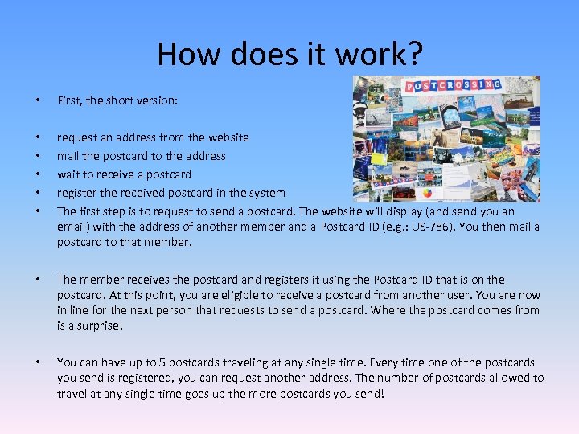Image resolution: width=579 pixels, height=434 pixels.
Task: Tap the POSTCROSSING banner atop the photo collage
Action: tap(453, 85)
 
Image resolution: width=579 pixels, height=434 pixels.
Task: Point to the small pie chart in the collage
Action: tap(427, 194)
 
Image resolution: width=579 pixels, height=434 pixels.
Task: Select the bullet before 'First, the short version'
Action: tap(29, 100)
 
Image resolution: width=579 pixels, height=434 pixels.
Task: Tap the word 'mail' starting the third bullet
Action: tap(68, 156)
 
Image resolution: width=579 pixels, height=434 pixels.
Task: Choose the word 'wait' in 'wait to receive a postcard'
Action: tap(68, 174)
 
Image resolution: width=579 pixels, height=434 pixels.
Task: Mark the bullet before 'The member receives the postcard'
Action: tap(29, 280)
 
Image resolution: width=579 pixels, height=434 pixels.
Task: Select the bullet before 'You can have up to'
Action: tap(29, 362)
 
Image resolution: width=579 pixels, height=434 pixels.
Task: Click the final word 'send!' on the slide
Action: tap(368, 393)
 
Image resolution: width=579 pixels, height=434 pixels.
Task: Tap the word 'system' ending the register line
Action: tap(266, 193)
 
